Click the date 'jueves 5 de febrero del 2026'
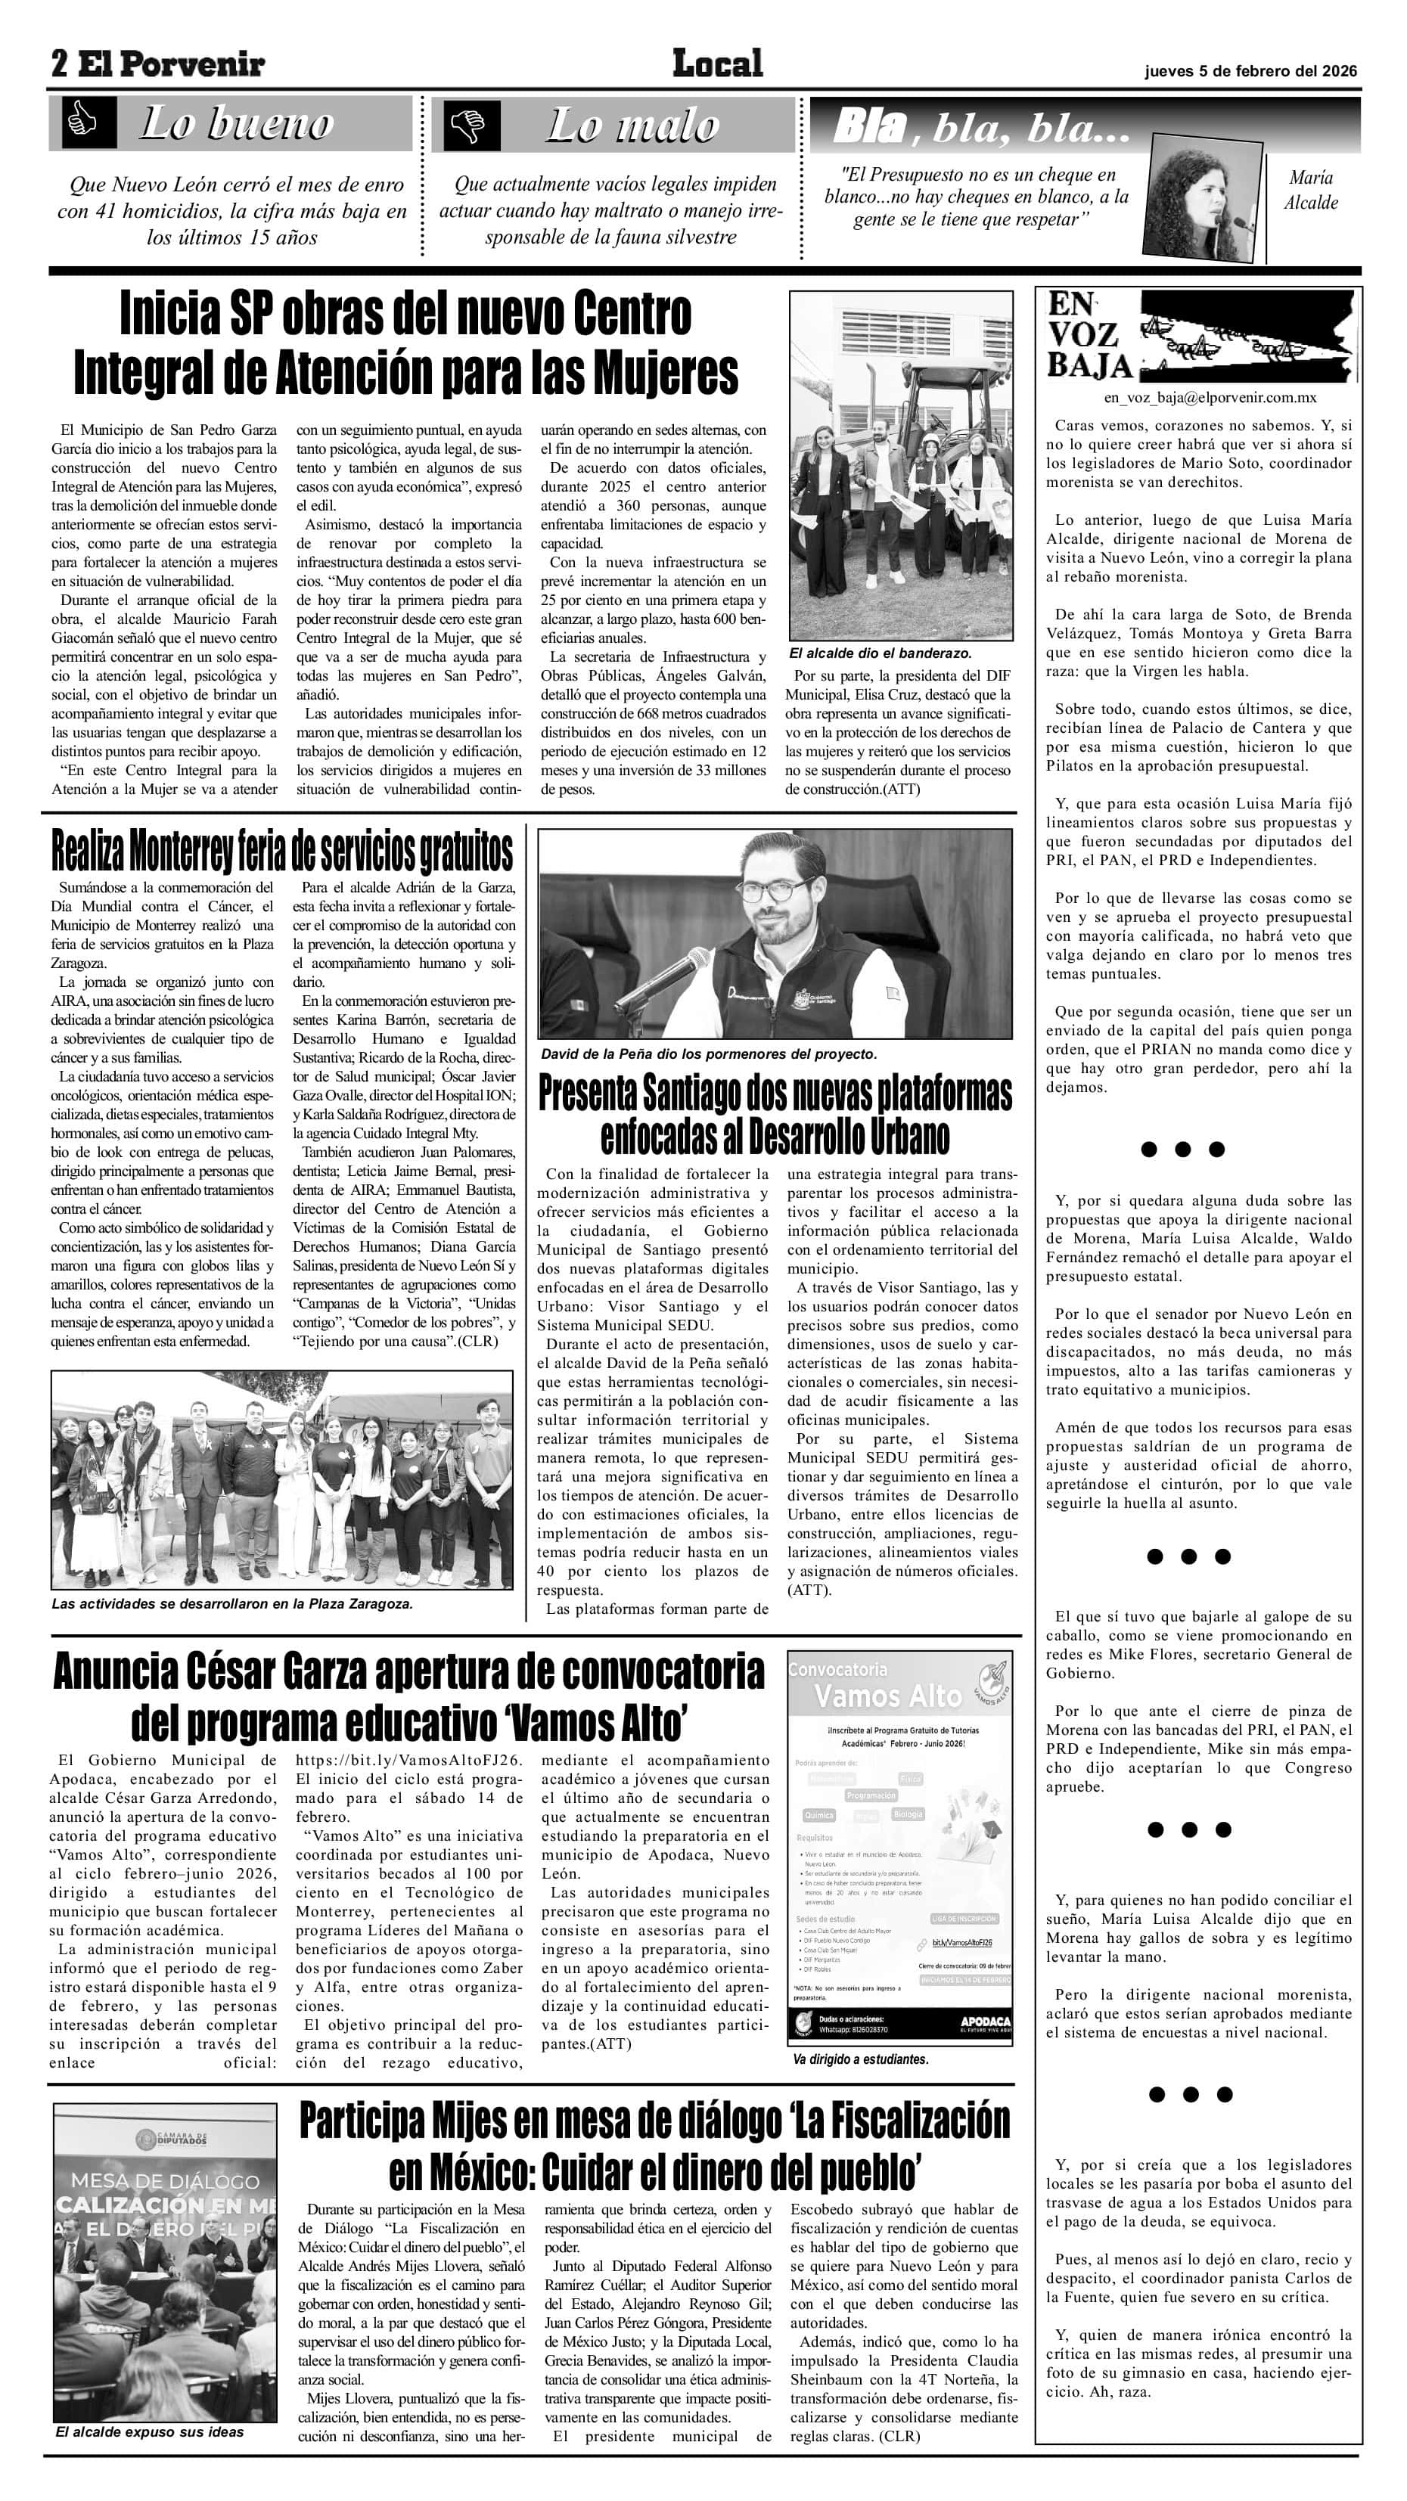pyautogui.click(x=1250, y=71)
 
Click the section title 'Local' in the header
pyautogui.click(x=718, y=64)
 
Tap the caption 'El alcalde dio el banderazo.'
pyautogui.click(x=880, y=653)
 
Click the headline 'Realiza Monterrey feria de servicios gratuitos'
pyautogui.click(x=281, y=852)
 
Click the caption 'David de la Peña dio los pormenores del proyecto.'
pyautogui.click(x=708, y=1054)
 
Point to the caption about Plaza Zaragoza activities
pyautogui.click(x=232, y=1604)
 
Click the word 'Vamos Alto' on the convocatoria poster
pyautogui.click(x=887, y=1696)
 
